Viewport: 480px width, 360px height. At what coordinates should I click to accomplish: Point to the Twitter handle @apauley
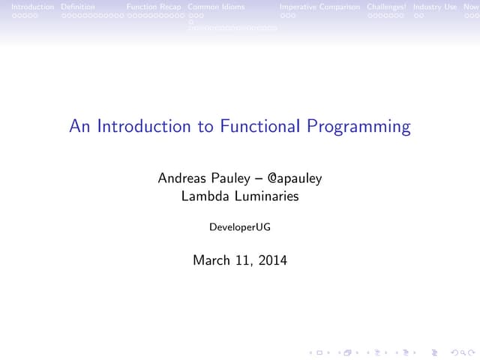pyautogui.click(x=294, y=178)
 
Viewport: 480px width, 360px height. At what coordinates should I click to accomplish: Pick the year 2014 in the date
pyautogui.click(x=271, y=261)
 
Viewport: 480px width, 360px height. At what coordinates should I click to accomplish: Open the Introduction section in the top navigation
pyautogui.click(x=27, y=7)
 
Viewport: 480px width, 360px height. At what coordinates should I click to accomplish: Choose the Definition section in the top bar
pyautogui.click(x=77, y=7)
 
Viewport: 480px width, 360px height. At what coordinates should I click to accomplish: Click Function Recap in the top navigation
pyautogui.click(x=154, y=7)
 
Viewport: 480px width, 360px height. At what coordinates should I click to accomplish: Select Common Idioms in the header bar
pyautogui.click(x=216, y=7)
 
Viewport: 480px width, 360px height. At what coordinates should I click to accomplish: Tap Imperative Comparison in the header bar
pyautogui.click(x=319, y=7)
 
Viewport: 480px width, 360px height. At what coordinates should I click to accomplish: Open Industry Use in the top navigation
pyautogui.click(x=434, y=7)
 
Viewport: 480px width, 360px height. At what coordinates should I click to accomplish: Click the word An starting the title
pyautogui.click(x=78, y=127)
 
